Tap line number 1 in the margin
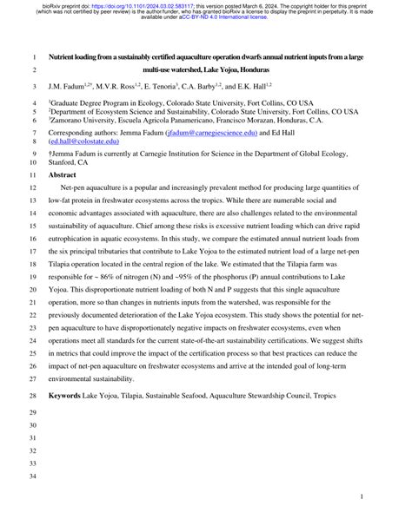click(34, 56)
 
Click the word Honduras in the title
click(250, 69)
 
